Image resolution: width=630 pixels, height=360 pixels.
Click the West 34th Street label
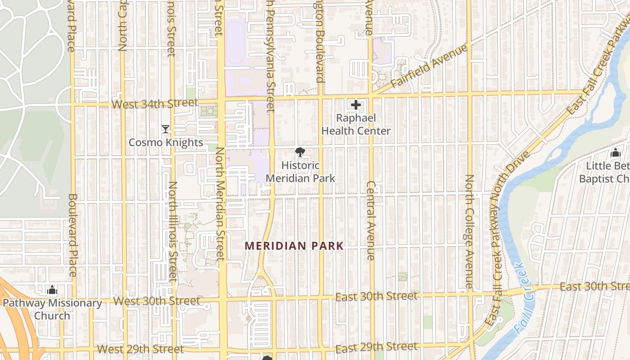tap(154, 104)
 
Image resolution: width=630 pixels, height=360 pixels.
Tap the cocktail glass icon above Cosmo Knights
tap(166, 129)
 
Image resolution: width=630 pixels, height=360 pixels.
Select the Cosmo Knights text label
tap(166, 143)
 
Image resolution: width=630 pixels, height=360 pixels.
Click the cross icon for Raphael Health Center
tap(356, 105)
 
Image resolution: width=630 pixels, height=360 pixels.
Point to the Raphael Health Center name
tap(356, 125)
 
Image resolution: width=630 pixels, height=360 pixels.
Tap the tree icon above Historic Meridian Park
tap(300, 152)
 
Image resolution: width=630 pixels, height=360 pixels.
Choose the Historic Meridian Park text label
tap(300, 172)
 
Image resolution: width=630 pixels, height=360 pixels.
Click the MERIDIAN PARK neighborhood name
tap(294, 246)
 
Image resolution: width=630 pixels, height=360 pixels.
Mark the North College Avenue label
tap(469, 232)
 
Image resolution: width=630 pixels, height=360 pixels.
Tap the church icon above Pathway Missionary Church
tap(52, 289)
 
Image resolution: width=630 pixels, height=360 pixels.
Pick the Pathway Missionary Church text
tap(52, 309)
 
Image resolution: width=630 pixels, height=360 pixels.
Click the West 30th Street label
tap(157, 301)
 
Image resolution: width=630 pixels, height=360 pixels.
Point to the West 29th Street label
tap(140, 349)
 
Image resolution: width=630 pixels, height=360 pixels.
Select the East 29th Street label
tap(376, 347)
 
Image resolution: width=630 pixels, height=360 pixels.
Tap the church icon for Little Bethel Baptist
tap(615, 153)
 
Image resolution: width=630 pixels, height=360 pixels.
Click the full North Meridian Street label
tap(220, 203)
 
